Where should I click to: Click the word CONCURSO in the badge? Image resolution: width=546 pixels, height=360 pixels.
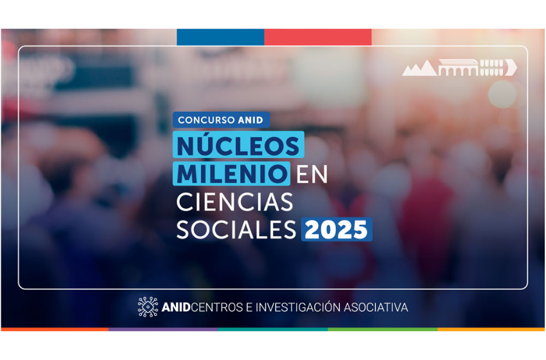click(206, 120)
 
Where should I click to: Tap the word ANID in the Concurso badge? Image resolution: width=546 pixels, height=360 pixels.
click(251, 120)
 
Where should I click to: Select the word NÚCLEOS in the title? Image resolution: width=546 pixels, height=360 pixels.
click(238, 145)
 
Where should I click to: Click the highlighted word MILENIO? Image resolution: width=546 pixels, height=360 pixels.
click(231, 174)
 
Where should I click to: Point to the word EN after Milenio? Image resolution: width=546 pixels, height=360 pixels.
click(312, 174)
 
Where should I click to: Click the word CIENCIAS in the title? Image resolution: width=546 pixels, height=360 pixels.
click(234, 202)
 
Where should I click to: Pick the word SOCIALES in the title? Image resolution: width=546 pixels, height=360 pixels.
click(236, 230)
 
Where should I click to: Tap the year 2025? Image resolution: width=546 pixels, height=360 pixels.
click(337, 230)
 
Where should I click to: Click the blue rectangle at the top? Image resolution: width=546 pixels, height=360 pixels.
click(220, 37)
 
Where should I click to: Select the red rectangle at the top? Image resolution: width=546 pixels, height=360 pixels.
click(318, 37)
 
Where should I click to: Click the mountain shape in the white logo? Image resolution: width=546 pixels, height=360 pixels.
click(419, 68)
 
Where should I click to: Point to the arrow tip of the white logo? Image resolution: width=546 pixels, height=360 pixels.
click(517, 67)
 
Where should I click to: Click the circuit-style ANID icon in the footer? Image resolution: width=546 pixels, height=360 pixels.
click(148, 307)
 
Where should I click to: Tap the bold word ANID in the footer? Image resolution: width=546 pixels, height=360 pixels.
click(176, 307)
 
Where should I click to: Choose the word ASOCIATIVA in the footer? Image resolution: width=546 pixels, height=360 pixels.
click(376, 307)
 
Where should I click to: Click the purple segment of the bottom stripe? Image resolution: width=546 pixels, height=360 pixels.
click(163, 329)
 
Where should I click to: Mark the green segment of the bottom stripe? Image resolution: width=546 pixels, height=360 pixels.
click(383, 329)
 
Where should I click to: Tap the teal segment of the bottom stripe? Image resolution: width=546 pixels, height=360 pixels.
click(273, 329)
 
